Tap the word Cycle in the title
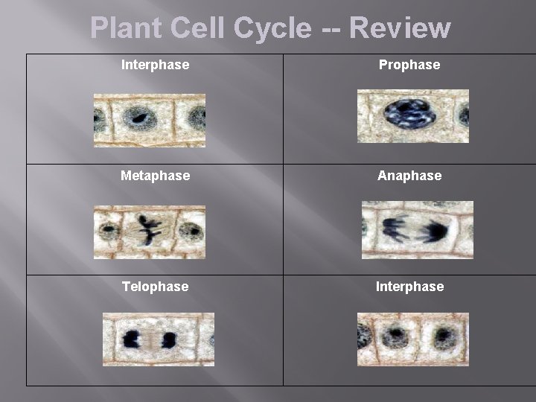[x=272, y=28]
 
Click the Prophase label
[x=409, y=65]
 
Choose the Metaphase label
[x=155, y=176]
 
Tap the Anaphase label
[x=409, y=176]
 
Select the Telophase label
[x=155, y=287]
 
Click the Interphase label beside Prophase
[x=155, y=65]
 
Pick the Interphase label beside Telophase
[x=409, y=287]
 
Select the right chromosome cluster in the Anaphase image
[x=433, y=232]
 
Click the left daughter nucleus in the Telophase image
[x=133, y=340]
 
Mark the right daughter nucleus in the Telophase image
[x=169, y=340]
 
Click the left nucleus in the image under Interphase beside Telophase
[x=395, y=336]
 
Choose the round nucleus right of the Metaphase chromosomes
[x=191, y=231]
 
